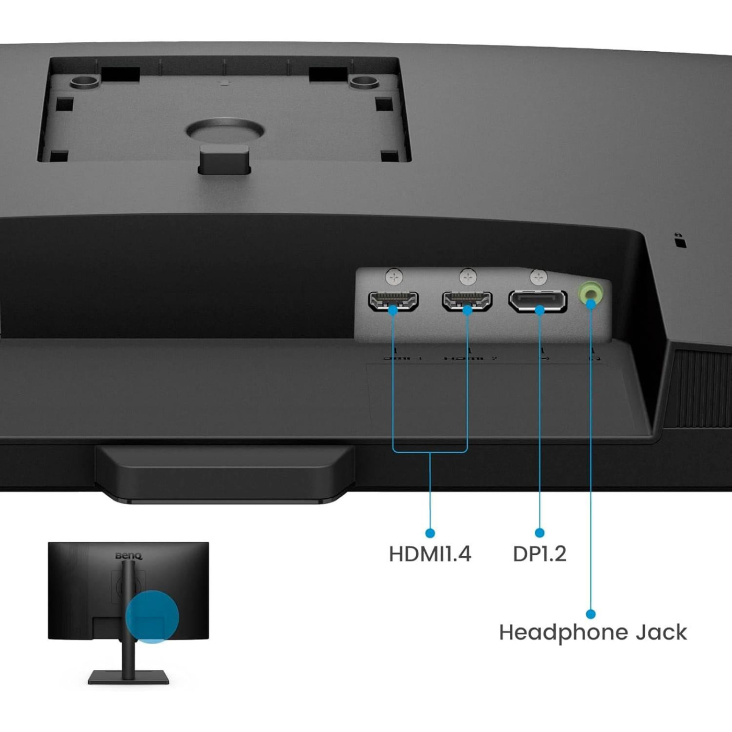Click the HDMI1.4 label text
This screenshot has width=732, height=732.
(430, 554)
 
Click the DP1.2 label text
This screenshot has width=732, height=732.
(540, 554)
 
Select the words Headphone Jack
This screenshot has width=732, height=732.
(592, 633)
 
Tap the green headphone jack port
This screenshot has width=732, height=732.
(591, 294)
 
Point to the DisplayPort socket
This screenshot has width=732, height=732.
(537, 301)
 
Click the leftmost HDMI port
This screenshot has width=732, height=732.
(393, 300)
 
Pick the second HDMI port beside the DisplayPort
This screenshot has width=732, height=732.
(467, 300)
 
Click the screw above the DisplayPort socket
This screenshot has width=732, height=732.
(538, 277)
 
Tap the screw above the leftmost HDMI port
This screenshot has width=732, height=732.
(394, 277)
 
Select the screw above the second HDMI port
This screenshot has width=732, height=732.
(468, 277)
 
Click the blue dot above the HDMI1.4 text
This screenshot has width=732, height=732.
(430, 533)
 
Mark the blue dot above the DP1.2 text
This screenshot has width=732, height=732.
(540, 533)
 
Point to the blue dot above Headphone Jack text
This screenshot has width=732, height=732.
(591, 614)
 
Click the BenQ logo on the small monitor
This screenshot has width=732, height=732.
(129, 556)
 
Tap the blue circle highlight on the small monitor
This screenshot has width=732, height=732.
(152, 617)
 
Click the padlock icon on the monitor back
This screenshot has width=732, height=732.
(679, 241)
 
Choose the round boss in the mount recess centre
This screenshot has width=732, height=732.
(225, 131)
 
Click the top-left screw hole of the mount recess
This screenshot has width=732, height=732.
(84, 82)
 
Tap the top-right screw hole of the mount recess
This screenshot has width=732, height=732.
(364, 82)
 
